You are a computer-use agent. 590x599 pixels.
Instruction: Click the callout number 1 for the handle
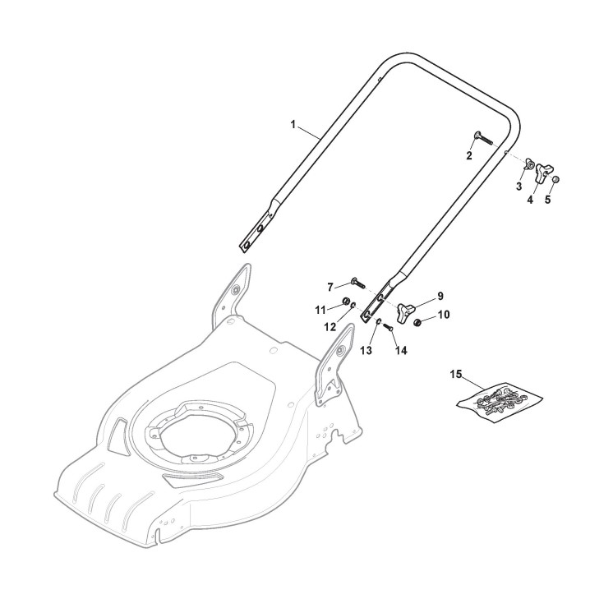click(x=293, y=124)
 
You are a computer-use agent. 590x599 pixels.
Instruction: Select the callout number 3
click(x=519, y=187)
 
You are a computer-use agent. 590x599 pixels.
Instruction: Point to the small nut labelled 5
click(x=554, y=180)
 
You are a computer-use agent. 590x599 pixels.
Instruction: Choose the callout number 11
click(x=321, y=309)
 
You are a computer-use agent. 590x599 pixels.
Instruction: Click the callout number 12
click(x=330, y=326)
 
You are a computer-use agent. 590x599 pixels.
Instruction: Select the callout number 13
click(x=366, y=350)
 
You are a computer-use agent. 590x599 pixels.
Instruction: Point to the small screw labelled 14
click(x=389, y=329)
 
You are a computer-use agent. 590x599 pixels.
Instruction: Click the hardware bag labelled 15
click(x=499, y=398)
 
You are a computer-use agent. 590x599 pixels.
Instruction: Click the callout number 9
click(x=440, y=295)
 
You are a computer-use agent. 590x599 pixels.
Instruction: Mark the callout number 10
click(x=443, y=314)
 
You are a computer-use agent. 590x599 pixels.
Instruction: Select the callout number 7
click(x=330, y=287)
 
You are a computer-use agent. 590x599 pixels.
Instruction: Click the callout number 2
click(x=469, y=155)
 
